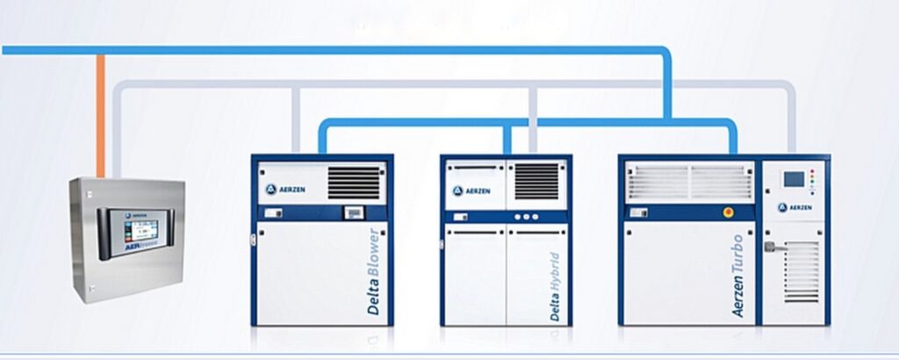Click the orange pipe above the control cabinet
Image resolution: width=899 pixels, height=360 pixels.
[101, 114]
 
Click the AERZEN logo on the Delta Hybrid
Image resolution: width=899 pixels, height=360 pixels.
[471, 191]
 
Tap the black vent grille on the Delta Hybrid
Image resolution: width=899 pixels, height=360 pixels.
[536, 181]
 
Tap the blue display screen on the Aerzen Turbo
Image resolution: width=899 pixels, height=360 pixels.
[794, 179]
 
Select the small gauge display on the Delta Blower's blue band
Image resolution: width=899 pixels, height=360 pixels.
[354, 212]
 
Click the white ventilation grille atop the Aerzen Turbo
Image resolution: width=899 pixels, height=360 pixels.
[688, 182]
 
